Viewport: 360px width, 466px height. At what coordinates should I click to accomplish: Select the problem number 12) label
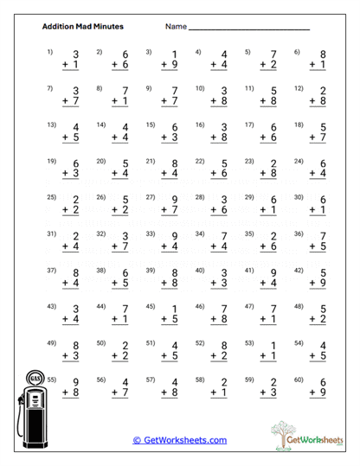(299, 87)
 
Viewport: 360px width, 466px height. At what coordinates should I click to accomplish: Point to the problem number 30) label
(299, 196)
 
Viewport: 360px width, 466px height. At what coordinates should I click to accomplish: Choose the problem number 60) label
(299, 378)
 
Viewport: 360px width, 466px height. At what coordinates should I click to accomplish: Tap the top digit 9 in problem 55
(75, 383)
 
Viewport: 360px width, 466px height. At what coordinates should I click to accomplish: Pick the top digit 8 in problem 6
(323, 55)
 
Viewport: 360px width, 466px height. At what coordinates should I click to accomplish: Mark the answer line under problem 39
(170, 290)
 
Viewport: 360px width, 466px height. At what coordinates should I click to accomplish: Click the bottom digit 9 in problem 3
(174, 64)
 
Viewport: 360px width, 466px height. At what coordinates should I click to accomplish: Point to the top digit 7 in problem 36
(323, 237)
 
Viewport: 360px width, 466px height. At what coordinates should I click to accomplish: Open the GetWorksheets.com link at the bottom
(180, 440)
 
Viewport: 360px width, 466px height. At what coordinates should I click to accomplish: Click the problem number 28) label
(200, 196)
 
